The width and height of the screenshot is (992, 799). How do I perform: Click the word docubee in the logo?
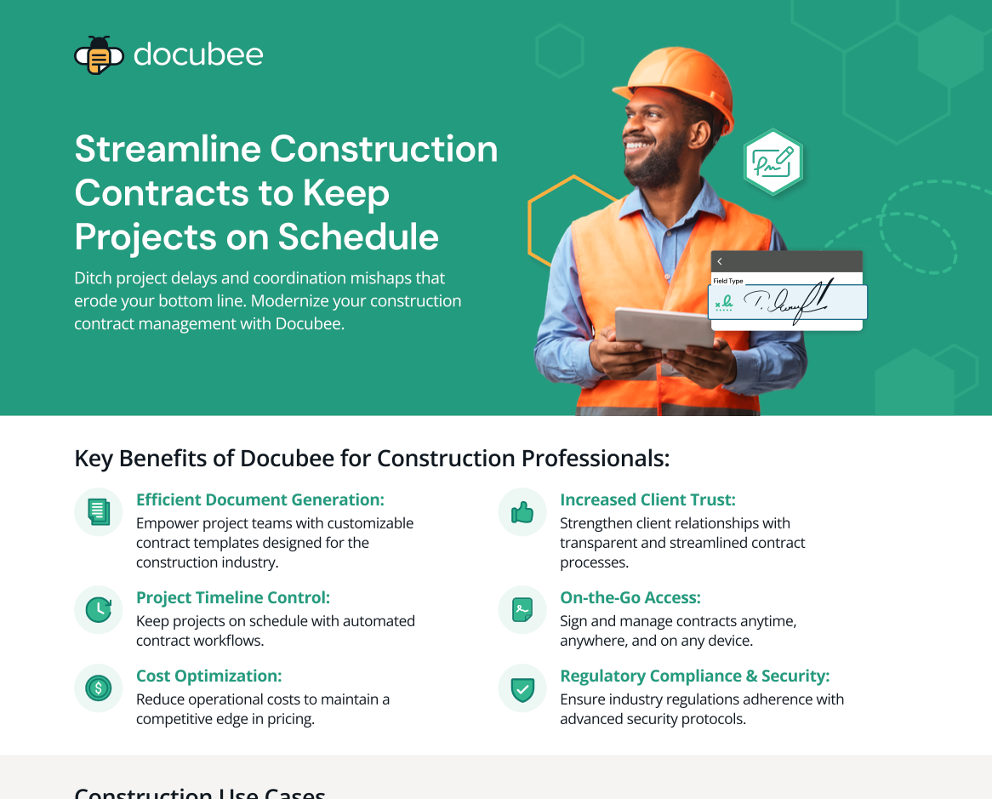pos(198,55)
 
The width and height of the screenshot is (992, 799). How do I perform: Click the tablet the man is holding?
pos(664,328)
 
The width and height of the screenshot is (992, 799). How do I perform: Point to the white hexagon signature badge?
pos(773,162)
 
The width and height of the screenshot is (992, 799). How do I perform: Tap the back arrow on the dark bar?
pos(720,261)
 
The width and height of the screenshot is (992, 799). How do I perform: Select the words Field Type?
pos(728,281)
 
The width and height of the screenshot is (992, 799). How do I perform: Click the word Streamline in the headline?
pos(164,149)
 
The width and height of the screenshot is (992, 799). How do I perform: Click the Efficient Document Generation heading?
pos(260,499)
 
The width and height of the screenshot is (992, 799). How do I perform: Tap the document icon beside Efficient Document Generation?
pos(99,511)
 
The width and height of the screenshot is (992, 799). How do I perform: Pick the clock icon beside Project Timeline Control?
pos(99,609)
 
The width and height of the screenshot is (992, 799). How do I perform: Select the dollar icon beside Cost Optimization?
pos(99,688)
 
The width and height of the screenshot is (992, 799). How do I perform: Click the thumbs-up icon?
pos(522,511)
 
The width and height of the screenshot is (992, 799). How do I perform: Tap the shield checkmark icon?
pos(522,688)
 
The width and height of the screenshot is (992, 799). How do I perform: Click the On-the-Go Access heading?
pos(630,597)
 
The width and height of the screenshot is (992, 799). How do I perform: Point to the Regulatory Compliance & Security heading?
pos(694,676)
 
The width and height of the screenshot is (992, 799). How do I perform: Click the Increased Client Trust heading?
pos(647,499)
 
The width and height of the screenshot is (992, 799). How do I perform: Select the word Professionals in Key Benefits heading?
pos(595,459)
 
